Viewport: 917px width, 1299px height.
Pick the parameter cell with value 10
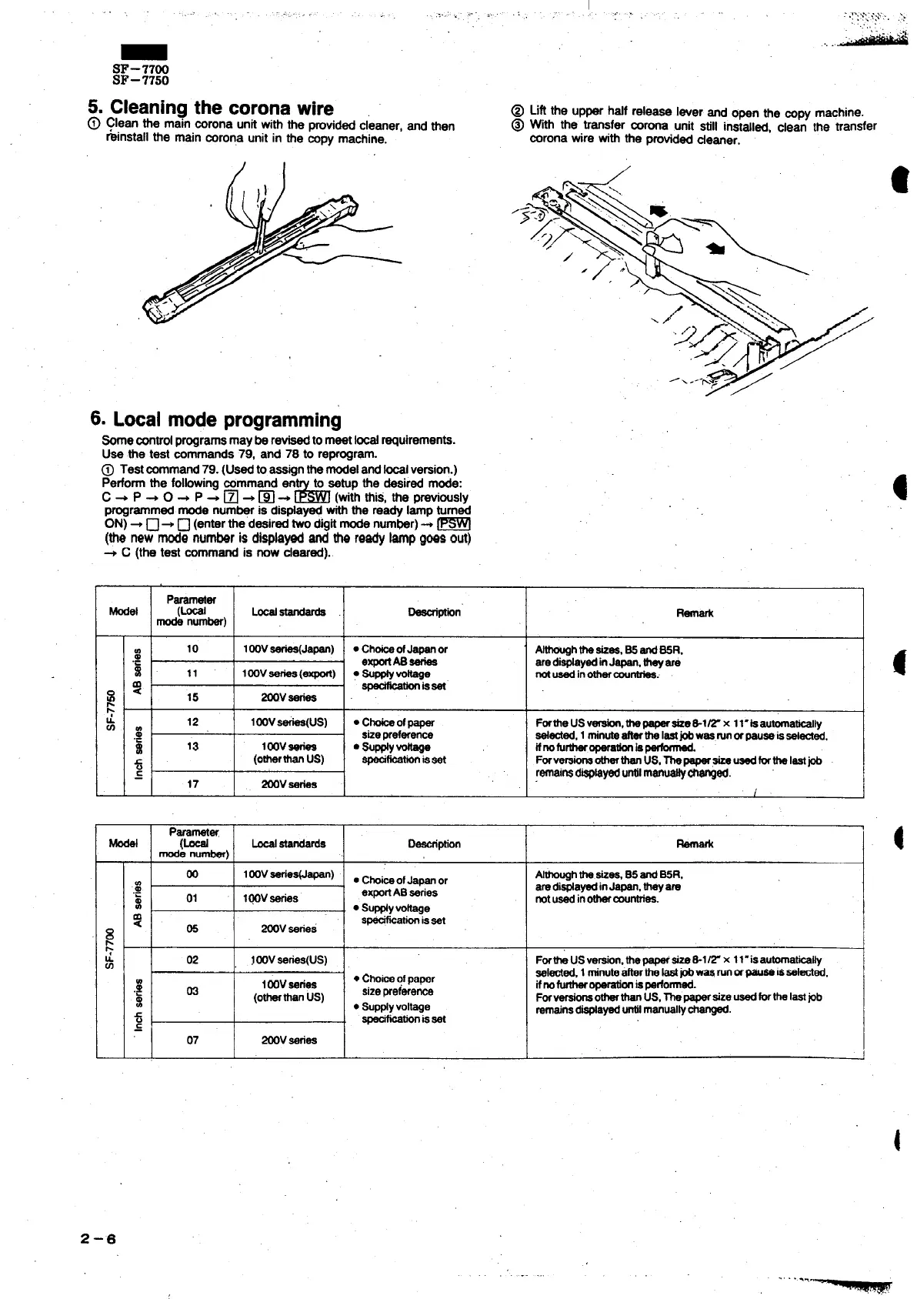[x=192, y=649]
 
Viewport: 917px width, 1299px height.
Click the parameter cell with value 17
[x=192, y=783]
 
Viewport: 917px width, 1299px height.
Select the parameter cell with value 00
[x=192, y=874]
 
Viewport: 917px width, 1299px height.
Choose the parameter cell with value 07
[x=192, y=1040]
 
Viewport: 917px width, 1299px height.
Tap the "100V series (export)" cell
[x=288, y=673]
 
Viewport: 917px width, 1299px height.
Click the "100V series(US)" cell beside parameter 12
[x=288, y=723]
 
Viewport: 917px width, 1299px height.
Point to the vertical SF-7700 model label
[x=110, y=950]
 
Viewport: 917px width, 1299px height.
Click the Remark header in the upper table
[x=694, y=613]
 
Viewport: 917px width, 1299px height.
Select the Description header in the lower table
[x=434, y=843]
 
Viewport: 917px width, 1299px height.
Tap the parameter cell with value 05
[x=192, y=929]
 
